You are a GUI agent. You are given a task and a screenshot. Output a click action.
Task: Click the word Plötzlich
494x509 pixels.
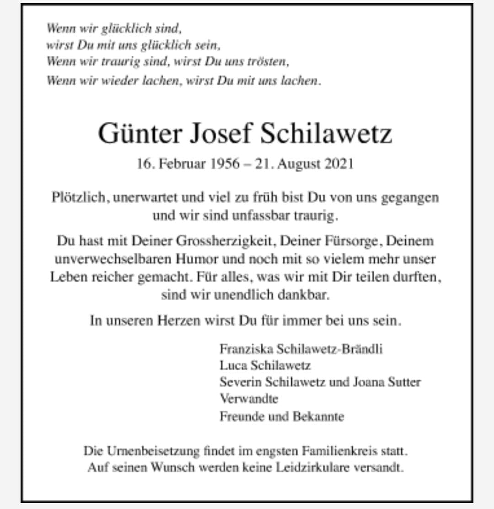coord(80,198)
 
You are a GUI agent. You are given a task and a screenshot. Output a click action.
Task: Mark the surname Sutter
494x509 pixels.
coord(404,382)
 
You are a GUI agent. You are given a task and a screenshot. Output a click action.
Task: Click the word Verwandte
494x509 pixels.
coord(248,399)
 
